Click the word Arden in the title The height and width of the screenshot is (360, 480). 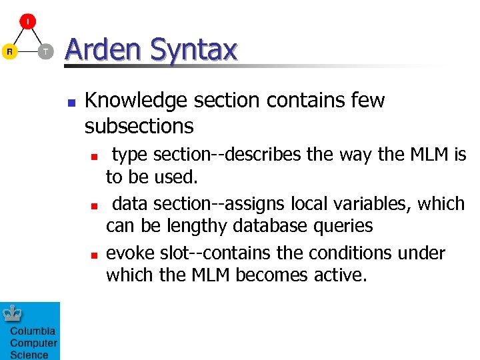click(x=103, y=50)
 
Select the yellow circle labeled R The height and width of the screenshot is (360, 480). click(x=9, y=51)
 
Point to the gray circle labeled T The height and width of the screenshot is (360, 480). click(x=45, y=51)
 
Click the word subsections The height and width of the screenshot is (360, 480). click(x=139, y=125)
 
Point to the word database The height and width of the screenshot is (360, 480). click(x=276, y=226)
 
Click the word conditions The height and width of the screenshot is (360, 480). click(x=340, y=253)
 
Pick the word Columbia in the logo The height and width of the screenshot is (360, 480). click(x=33, y=331)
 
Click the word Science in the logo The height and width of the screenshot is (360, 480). click(x=29, y=355)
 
